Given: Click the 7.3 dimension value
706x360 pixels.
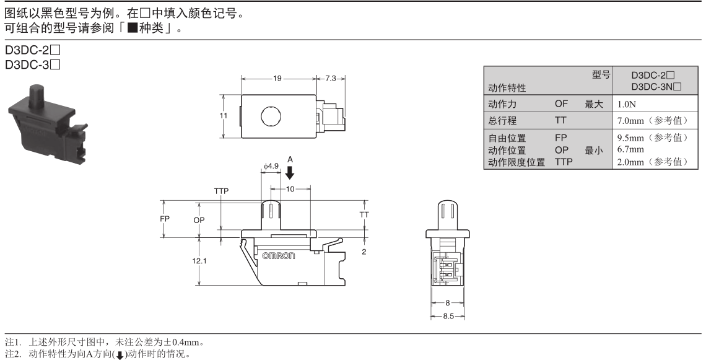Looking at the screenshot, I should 331,79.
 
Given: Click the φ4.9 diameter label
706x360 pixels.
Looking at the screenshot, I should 271,165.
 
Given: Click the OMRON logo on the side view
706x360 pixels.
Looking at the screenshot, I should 279,255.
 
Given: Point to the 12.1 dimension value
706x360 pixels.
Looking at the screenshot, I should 199,261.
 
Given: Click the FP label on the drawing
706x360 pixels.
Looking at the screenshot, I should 165,219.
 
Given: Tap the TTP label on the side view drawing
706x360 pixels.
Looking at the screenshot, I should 222,191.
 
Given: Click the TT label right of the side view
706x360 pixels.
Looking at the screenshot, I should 364,213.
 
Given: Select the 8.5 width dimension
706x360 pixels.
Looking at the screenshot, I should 448,316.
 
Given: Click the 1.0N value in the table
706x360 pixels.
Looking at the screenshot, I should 625,105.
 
